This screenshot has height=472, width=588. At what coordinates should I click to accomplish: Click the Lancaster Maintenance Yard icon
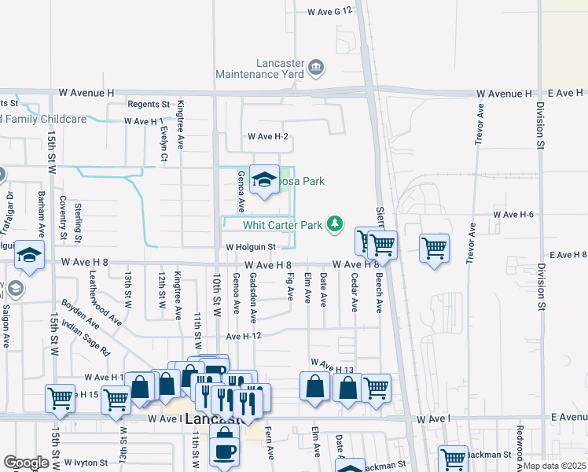coord(316,68)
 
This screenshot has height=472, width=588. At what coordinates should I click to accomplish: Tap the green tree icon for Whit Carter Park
coord(336,225)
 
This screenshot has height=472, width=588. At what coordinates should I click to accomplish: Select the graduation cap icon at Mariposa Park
coord(264,180)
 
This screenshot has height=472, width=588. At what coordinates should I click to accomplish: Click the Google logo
coord(26,462)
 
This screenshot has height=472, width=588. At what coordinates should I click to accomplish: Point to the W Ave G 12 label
coord(333,12)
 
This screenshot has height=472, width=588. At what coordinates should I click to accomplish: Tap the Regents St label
coord(149,104)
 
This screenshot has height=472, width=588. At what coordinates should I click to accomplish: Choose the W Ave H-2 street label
coord(268,137)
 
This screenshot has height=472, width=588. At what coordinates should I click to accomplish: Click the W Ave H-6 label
coord(513,214)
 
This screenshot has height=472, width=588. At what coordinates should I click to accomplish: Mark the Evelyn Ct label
coord(164,142)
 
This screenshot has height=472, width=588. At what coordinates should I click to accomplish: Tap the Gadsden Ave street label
coord(253,298)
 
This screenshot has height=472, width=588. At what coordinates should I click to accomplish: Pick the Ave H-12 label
coord(243,336)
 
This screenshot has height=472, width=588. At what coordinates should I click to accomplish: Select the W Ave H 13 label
coord(333,366)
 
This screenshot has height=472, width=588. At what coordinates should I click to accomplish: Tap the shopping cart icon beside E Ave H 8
coord(434,249)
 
